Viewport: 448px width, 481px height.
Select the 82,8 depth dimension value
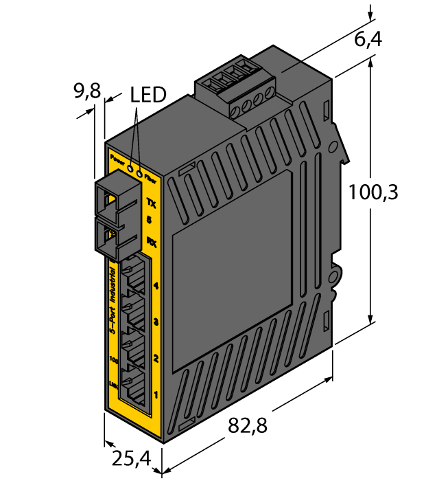tap(247, 425)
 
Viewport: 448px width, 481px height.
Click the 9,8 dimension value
tap(87, 90)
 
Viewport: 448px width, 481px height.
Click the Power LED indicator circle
tap(129, 165)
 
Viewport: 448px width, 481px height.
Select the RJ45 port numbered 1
tap(134, 387)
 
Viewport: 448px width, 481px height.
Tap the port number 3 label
tap(156, 322)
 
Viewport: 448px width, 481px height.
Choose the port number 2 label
tap(156, 358)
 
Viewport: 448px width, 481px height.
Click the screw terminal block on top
tap(235, 89)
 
